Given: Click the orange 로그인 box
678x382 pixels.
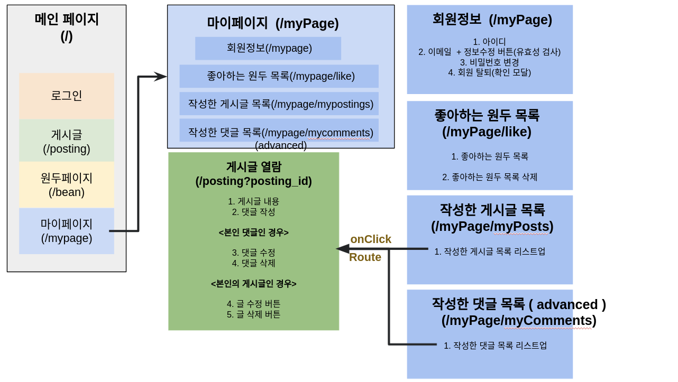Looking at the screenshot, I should (67, 96).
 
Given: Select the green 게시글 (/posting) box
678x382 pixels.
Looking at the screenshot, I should (67, 141).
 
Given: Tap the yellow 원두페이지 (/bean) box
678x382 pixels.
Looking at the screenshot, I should (67, 185).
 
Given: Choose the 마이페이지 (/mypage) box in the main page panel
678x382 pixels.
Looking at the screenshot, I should (67, 231).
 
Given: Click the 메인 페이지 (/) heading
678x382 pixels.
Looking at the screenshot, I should (67, 27).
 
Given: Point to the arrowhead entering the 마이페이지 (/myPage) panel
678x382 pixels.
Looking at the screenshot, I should (161, 77).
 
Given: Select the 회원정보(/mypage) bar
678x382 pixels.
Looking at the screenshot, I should (268, 48).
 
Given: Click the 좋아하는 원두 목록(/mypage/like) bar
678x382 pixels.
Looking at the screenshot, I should (279, 76).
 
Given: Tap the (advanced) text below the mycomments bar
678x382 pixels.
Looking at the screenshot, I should (281, 145).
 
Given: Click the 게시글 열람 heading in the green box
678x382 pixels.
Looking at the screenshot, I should (254, 167).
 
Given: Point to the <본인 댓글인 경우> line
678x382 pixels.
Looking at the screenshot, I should (254, 232).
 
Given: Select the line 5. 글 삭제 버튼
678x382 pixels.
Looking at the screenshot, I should (254, 314).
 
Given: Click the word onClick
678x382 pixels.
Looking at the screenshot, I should (371, 239).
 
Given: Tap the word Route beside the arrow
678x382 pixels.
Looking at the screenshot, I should (365, 257).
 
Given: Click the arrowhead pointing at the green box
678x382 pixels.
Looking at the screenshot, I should (343, 249).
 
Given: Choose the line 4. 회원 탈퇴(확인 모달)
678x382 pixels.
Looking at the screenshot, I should (490, 72).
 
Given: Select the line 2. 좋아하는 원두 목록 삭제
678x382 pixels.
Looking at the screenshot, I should (490, 177).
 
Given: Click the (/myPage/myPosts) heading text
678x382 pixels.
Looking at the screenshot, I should (492, 226).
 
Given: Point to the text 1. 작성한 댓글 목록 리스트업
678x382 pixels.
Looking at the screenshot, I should (495, 346).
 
